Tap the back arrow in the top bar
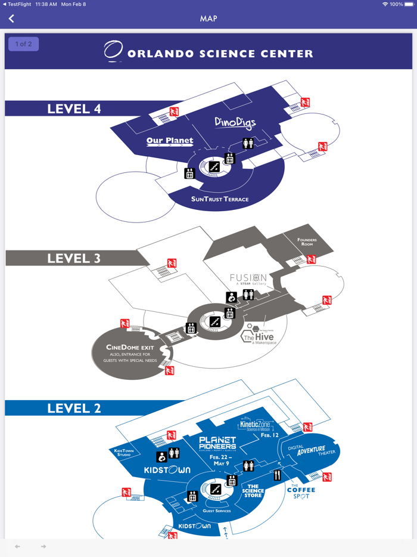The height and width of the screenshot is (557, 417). [11, 19]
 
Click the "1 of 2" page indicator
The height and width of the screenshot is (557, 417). [24, 44]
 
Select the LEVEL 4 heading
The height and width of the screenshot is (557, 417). [74, 109]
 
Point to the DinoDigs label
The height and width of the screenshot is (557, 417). [235, 123]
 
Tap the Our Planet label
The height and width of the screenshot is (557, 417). [170, 142]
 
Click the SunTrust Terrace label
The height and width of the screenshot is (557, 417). [220, 199]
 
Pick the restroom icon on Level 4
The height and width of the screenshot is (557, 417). [248, 143]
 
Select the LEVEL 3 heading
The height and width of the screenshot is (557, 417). [74, 258]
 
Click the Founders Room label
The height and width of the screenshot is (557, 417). [307, 242]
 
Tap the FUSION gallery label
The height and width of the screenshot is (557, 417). [248, 278]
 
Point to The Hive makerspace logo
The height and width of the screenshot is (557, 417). [258, 336]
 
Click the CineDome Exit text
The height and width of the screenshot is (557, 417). [130, 348]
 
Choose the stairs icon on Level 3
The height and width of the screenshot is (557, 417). [215, 322]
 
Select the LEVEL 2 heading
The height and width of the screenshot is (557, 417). [74, 409]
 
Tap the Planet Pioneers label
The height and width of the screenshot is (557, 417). [217, 443]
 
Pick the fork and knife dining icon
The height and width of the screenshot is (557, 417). [277, 475]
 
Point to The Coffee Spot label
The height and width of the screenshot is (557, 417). [301, 492]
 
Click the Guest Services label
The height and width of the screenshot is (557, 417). [217, 511]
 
